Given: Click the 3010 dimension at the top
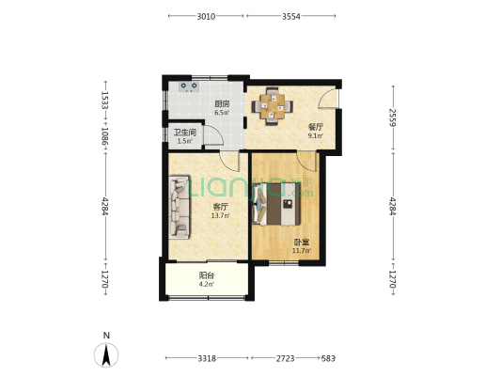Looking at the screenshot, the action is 206,17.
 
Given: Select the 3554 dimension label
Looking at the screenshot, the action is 290,17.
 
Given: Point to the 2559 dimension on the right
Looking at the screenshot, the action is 393,117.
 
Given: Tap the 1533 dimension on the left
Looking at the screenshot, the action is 105,101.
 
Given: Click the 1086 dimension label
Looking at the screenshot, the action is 105,136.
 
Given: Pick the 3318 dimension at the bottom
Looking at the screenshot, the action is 207,358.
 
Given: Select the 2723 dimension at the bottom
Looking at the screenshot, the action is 285,358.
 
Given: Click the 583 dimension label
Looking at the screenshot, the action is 328,358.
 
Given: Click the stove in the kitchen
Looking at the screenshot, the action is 189,86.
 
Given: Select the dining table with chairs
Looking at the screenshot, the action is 273,106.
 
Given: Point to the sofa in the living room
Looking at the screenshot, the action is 180,207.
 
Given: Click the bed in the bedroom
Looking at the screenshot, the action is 276,204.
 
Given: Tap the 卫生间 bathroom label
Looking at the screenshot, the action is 184,133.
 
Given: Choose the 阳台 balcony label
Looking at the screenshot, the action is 207,275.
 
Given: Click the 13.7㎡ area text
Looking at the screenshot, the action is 220,215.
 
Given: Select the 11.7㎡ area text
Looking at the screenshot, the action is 302,250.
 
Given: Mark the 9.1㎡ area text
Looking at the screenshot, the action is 315,135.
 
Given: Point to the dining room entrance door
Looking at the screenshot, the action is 327,99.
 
